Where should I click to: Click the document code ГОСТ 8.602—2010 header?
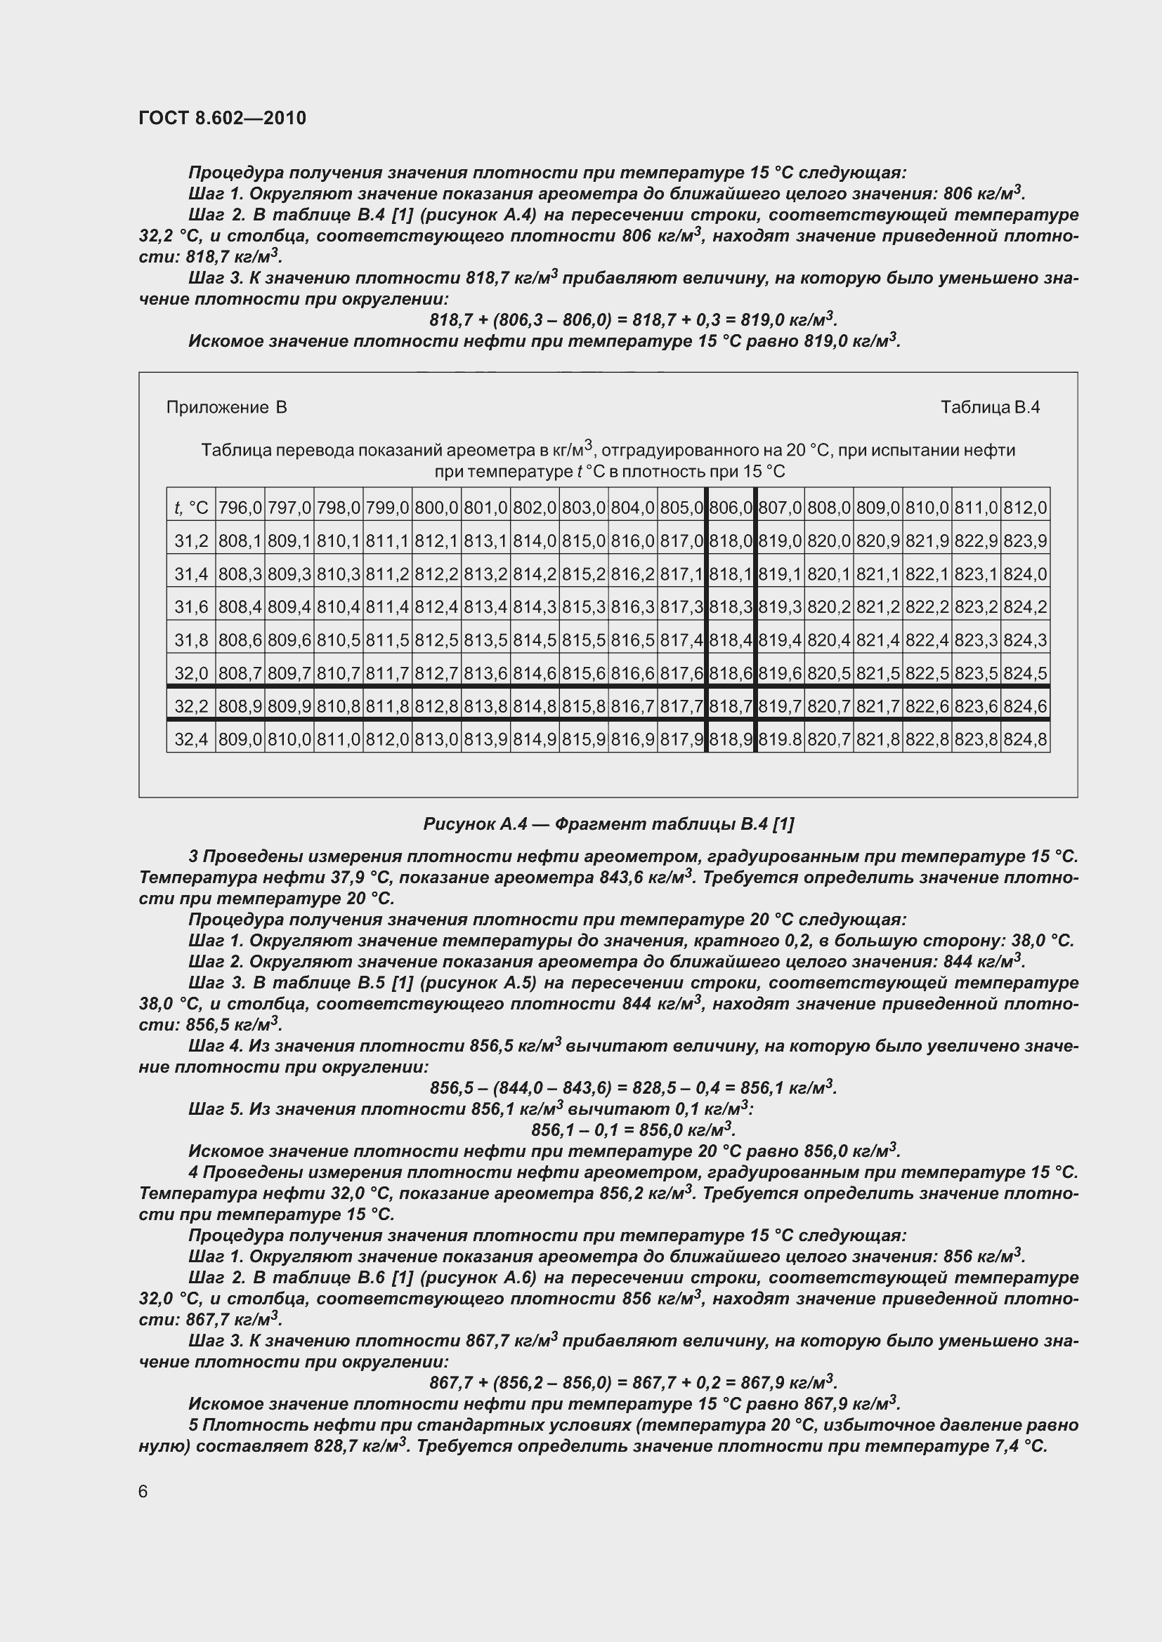[223, 118]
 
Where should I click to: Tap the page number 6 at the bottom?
[143, 1491]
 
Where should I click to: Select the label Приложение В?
[226, 408]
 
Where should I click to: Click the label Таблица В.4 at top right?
[990, 408]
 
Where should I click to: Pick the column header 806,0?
[731, 508]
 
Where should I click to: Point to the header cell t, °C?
[191, 508]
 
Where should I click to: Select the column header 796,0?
[240, 508]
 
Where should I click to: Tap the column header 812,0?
[1025, 508]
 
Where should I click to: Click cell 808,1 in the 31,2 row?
[240, 541]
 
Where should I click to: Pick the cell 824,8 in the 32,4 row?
[1025, 739]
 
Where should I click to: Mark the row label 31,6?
[191, 607]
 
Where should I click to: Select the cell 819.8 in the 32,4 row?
[780, 739]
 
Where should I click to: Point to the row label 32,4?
[191, 739]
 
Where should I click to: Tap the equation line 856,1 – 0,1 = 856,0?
[632, 1130]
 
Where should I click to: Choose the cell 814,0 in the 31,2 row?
[535, 541]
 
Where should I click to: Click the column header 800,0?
[436, 508]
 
